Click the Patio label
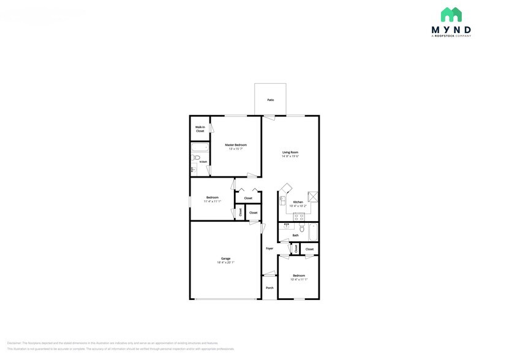270,100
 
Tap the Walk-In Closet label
200,129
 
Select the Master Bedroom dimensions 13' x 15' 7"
236,149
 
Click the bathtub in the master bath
200,147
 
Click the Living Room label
290,152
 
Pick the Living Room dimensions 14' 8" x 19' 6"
290,156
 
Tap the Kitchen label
298,202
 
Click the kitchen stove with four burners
300,217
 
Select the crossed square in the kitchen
314,196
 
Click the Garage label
225,258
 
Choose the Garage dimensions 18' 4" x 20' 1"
225,262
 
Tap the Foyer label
270,249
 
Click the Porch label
270,288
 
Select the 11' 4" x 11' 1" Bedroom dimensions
212,201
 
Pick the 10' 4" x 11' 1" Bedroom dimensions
298,279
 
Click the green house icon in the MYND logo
451,15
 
